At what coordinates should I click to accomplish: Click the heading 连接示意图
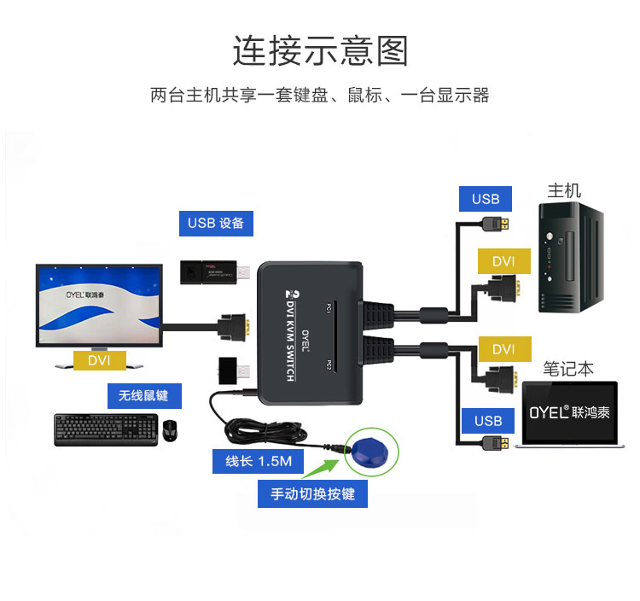[x=320, y=51]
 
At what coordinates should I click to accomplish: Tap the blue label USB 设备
[x=216, y=224]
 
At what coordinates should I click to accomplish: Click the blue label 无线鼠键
[x=143, y=395]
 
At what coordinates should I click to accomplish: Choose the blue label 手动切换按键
[x=312, y=493]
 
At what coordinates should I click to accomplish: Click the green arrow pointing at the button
[x=324, y=468]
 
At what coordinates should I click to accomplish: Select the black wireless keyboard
[x=106, y=429]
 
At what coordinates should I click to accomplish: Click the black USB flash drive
[x=213, y=271]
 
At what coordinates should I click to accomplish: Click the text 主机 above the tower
[x=564, y=190]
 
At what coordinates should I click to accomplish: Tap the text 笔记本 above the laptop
[x=568, y=369]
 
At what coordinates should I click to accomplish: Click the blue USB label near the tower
[x=486, y=199]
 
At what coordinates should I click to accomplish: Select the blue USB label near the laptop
[x=488, y=421]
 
